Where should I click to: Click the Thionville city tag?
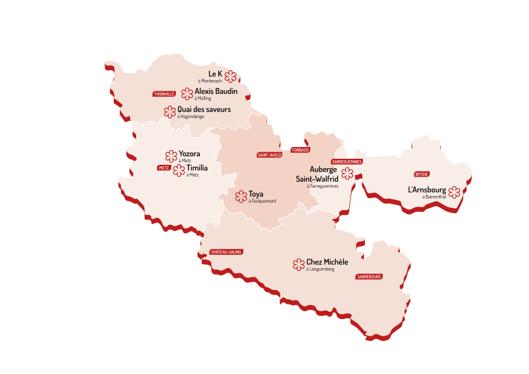tap(164, 94)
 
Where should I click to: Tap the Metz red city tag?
tap(164, 168)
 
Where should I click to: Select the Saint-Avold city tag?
tap(269, 155)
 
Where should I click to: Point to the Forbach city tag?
tap(300, 150)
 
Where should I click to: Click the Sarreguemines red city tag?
tap(347, 162)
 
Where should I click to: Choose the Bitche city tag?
tap(422, 174)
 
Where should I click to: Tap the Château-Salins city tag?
tap(226, 252)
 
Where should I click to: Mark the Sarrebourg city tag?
tap(369, 277)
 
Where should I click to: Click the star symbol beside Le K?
tap(230, 75)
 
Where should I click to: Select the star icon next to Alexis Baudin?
tap(187, 93)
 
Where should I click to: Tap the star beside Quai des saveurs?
tap(170, 112)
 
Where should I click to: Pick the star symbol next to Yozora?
tap(171, 156)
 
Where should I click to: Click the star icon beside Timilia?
tap(179, 170)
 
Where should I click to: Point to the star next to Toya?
tap(241, 197)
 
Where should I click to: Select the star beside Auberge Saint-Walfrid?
tap(347, 174)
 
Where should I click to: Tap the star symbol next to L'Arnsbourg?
tap(454, 193)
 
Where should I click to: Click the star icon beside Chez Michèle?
tap(299, 265)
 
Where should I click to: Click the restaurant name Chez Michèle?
tap(327, 262)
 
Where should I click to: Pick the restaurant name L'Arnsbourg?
tap(427, 190)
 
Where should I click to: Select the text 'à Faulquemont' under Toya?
tap(263, 201)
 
